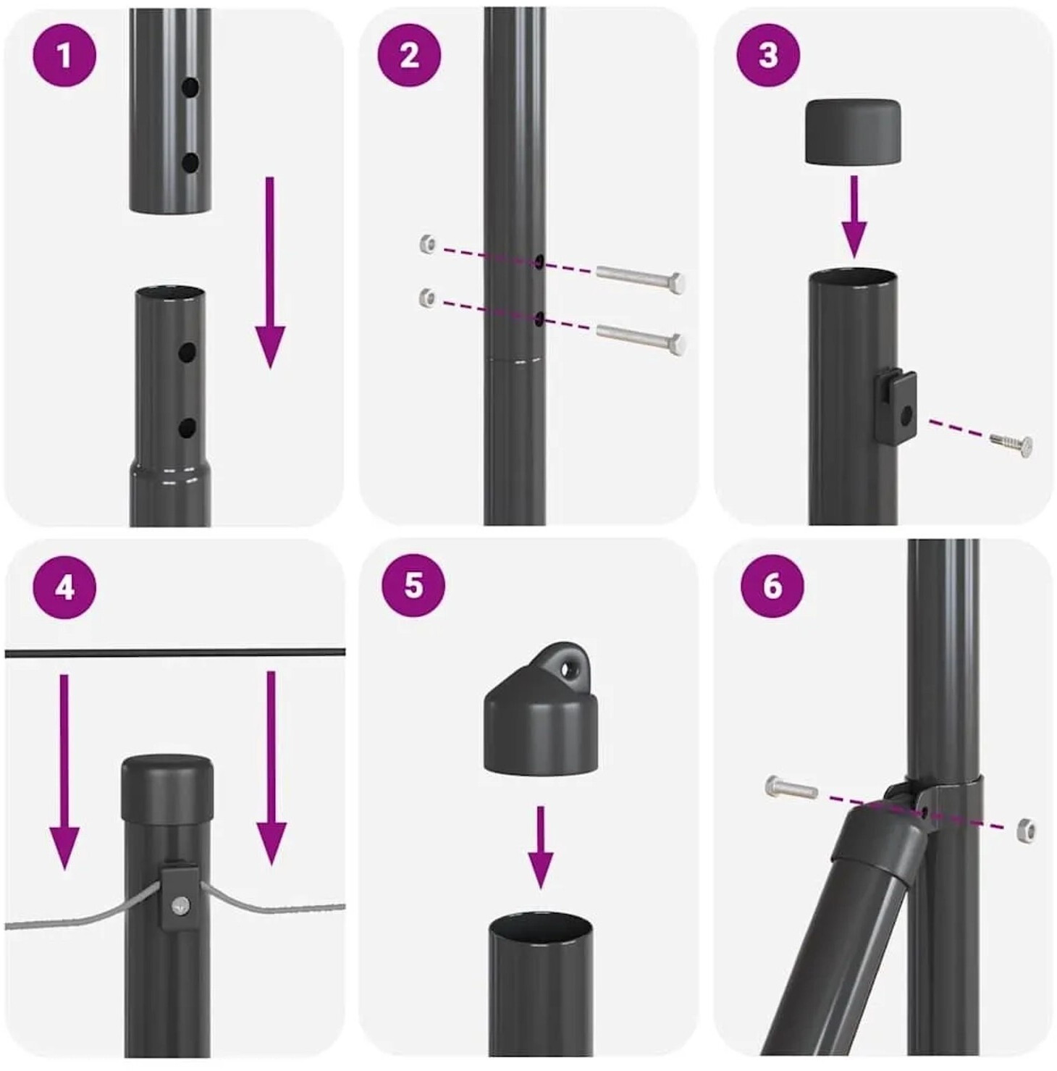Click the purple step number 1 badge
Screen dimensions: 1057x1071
click(x=64, y=55)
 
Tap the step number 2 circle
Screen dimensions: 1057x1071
click(x=409, y=55)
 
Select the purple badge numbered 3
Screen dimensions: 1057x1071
click(x=768, y=55)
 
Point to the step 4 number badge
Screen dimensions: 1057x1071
click(x=64, y=587)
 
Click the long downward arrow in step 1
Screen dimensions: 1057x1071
click(x=270, y=272)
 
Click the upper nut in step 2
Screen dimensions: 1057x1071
click(x=429, y=243)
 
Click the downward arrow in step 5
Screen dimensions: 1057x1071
click(x=540, y=847)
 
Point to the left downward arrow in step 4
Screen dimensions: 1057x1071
click(x=64, y=772)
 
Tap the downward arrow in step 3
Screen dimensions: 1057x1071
click(x=854, y=217)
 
